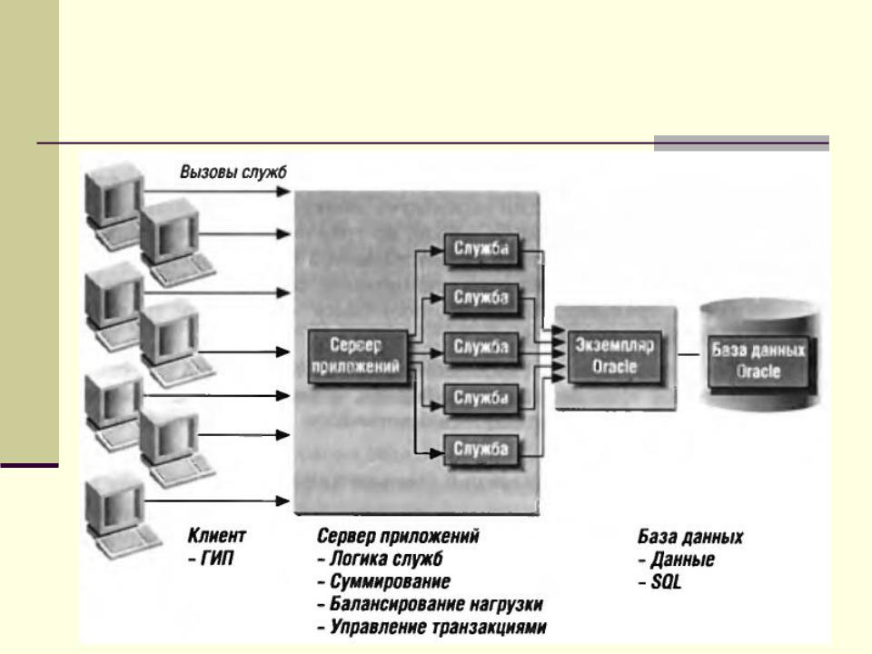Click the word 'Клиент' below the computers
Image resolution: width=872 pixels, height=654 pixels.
[214, 537]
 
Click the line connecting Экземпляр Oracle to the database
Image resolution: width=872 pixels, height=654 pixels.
[687, 354]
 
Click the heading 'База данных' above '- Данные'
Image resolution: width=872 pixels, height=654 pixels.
[691, 537]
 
